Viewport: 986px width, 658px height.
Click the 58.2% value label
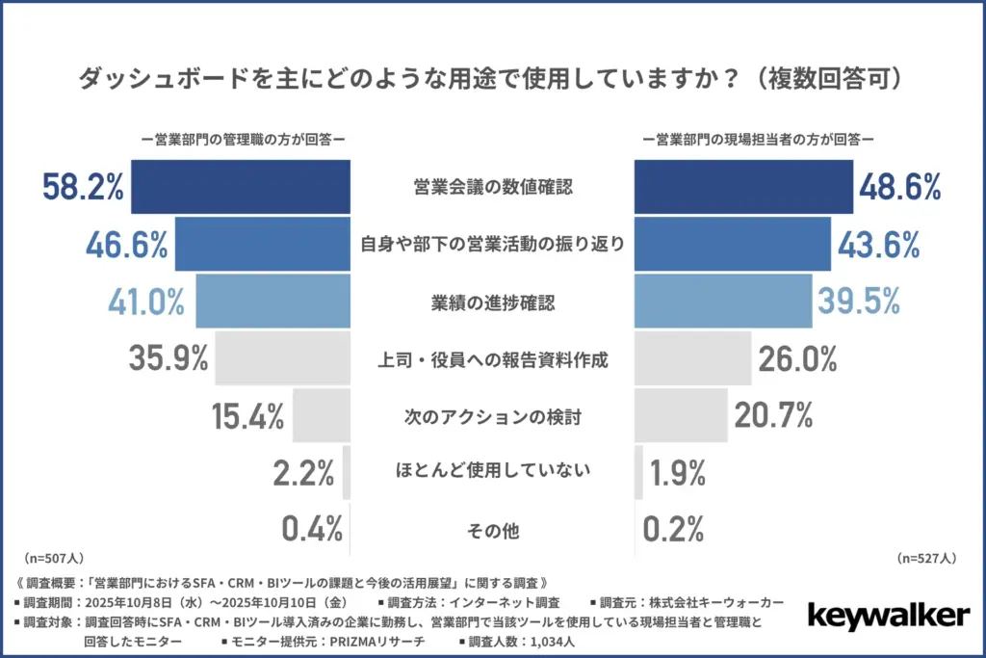coord(83,187)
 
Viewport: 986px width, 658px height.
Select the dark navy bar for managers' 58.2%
coord(240,187)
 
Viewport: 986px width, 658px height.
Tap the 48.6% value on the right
coord(899,187)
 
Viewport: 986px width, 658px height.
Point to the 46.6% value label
coord(127,244)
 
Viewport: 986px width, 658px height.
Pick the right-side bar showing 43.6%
coord(732,244)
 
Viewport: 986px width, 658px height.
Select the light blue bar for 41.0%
coord(272,302)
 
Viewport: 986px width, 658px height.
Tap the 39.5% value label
coord(859,302)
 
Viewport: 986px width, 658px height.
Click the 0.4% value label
coord(312,529)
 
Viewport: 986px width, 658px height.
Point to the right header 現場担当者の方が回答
coord(758,139)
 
